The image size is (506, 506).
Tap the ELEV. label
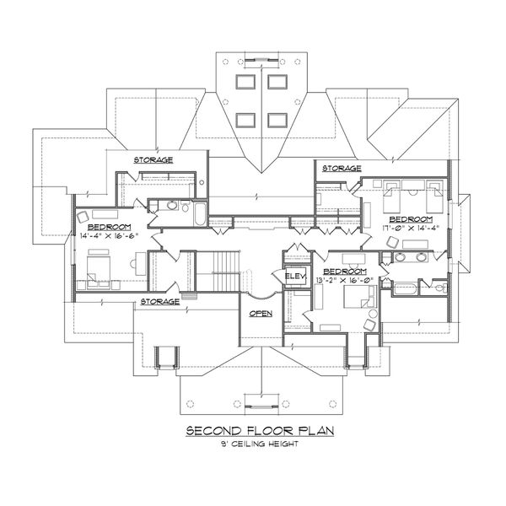(294, 277)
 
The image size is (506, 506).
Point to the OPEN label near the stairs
(260, 313)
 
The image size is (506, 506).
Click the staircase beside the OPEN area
(223, 273)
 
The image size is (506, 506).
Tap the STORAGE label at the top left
(153, 159)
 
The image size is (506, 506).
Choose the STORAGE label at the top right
(341, 169)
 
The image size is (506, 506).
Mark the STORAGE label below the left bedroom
(159, 301)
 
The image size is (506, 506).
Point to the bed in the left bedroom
(95, 272)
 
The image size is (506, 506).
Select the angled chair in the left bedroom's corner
(83, 217)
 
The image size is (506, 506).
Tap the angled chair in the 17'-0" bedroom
(391, 242)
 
